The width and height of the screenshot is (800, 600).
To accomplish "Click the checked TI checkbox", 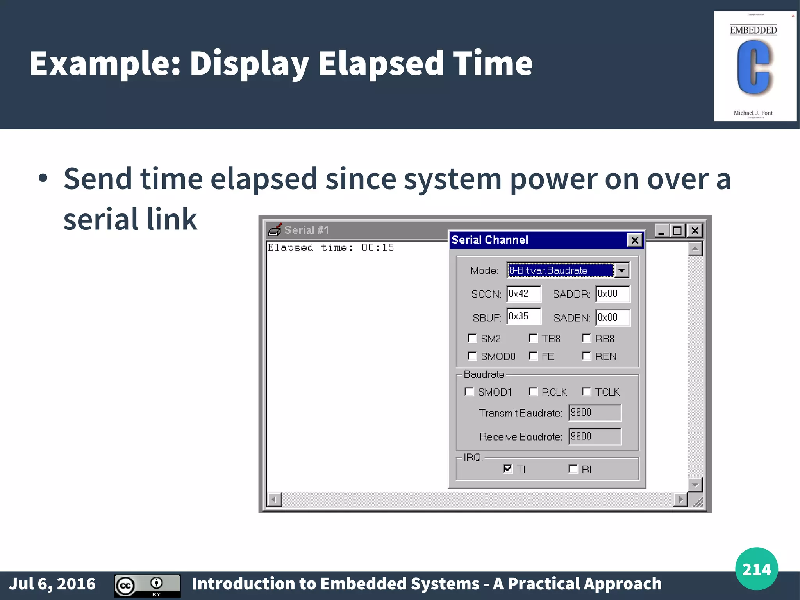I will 507,469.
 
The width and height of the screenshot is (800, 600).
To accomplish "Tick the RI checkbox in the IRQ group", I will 573,469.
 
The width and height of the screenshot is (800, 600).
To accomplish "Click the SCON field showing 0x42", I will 523,294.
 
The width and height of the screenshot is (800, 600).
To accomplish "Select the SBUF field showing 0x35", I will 523,316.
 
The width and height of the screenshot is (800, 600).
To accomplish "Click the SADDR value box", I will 612,294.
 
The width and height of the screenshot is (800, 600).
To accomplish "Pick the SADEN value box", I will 612,317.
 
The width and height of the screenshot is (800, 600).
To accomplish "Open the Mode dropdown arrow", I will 621,270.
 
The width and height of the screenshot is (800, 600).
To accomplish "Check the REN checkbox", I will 586,356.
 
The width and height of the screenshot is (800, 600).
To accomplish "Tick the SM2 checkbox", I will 472,338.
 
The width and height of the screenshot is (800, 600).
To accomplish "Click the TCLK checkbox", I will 586,392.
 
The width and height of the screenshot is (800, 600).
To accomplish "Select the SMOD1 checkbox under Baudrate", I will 469,392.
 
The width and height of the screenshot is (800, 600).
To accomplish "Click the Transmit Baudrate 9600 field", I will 595,413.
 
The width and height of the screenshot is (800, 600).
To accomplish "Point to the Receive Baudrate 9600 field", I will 595,436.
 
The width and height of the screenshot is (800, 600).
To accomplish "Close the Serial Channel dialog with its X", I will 635,240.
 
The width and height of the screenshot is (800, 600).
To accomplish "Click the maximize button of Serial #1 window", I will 678,231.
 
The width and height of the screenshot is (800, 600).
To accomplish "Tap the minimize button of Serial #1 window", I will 661,231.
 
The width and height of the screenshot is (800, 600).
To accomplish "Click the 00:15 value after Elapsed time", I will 377,248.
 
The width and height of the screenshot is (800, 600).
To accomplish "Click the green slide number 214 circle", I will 756,569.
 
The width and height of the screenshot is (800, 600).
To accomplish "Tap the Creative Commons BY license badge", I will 147,586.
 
